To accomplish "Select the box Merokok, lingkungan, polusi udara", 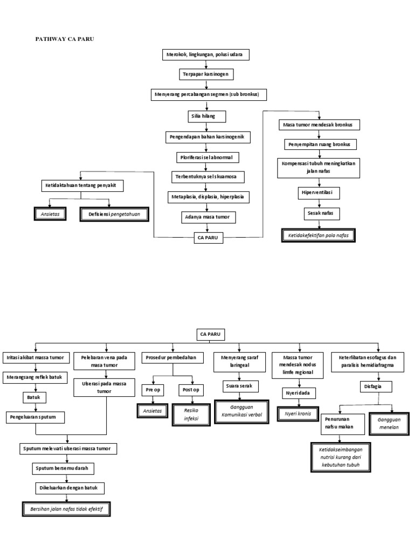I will tap(206, 55).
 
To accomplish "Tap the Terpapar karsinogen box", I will tap(206, 74).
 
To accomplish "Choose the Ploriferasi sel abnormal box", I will tap(207, 157).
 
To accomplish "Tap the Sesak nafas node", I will tap(319, 213).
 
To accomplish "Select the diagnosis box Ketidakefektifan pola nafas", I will tap(319, 235).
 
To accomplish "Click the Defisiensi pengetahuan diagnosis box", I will tap(113, 214).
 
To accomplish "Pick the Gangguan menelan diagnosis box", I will tap(388, 424).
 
